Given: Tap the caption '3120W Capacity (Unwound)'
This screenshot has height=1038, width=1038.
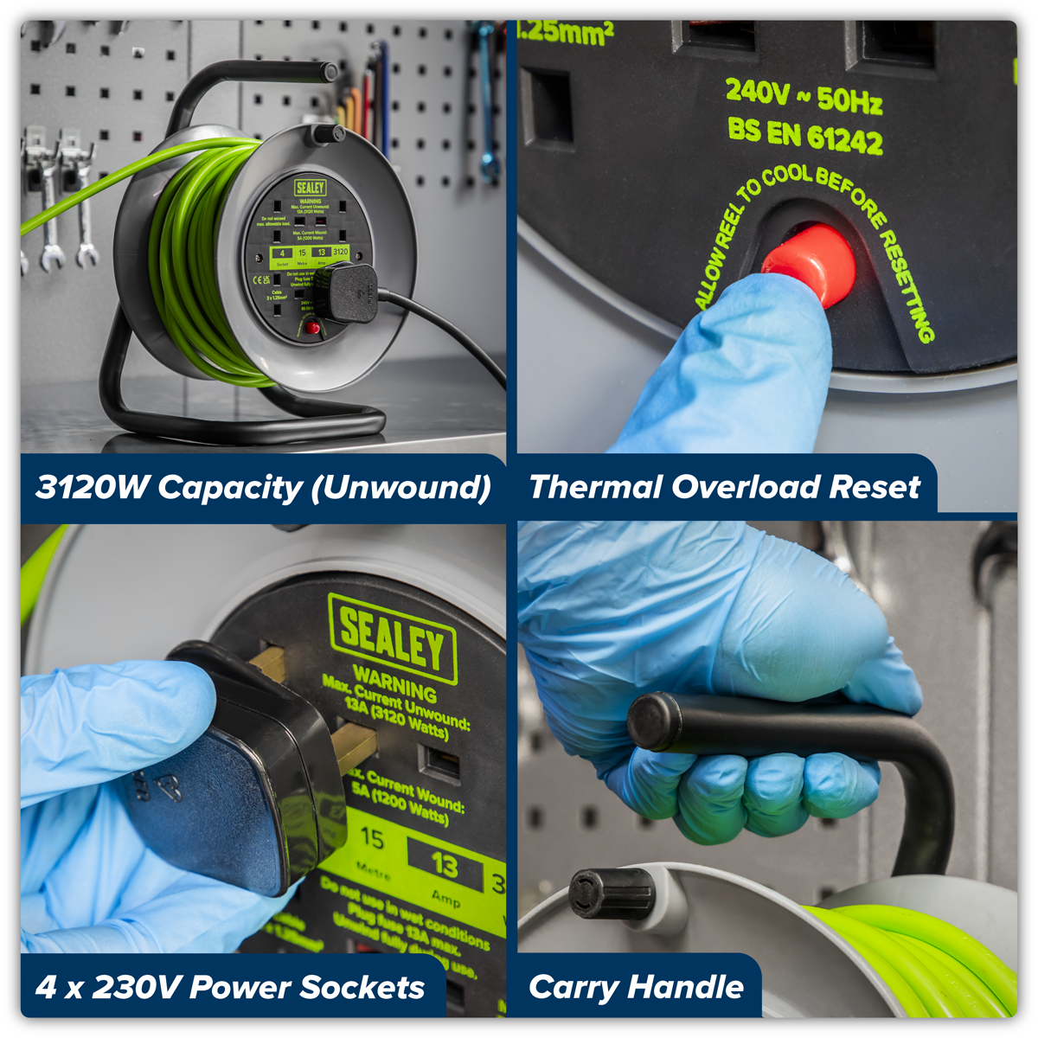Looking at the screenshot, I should coord(263,487).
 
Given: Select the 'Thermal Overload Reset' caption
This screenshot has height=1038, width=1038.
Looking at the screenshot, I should coord(724,487).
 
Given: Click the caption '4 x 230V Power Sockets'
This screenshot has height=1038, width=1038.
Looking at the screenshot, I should coord(230,987).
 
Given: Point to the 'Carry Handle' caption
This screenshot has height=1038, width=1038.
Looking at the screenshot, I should coord(636,987).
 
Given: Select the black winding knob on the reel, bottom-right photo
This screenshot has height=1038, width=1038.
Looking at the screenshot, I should coord(611,893).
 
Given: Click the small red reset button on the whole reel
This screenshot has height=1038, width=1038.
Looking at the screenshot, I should coord(311,328).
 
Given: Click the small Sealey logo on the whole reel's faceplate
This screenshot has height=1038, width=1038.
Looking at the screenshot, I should coord(310,188).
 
